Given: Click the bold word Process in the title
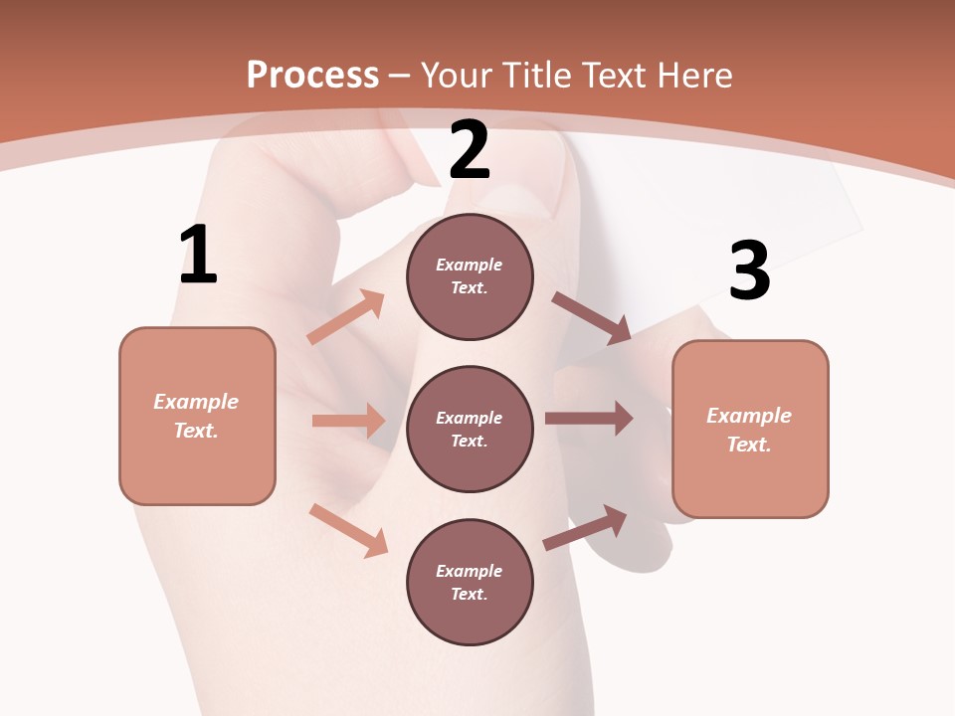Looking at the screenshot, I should click(x=312, y=75).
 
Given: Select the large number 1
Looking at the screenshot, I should click(x=198, y=255).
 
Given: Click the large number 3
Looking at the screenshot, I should click(x=749, y=270).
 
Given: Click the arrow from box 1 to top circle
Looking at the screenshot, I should click(x=345, y=317).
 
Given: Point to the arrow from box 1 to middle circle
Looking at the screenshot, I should click(x=348, y=421).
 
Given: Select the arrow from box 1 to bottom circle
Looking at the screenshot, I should click(x=348, y=530).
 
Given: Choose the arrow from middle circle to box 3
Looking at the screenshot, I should click(x=589, y=419).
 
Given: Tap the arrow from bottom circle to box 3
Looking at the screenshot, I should click(x=585, y=528).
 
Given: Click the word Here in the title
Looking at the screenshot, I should click(x=696, y=75).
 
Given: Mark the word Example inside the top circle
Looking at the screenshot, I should click(x=470, y=266).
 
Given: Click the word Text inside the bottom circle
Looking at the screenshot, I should click(x=467, y=594).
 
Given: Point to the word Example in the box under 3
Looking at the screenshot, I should click(x=749, y=416).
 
